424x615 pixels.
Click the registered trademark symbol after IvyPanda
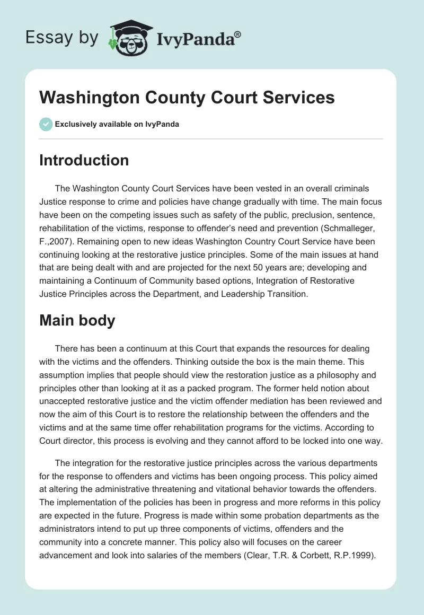point(237,34)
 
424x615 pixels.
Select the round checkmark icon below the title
point(46,124)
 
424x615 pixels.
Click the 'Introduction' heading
point(84,160)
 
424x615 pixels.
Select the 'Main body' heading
point(77,320)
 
